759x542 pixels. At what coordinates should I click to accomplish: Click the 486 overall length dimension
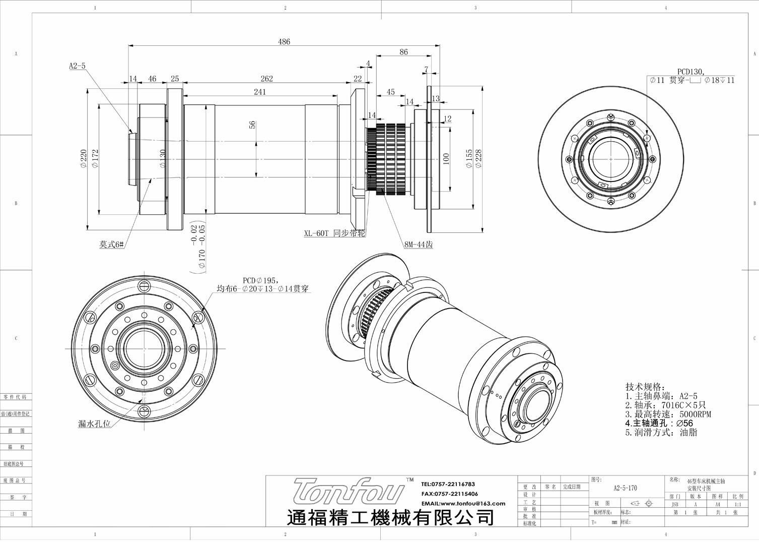pos(284,42)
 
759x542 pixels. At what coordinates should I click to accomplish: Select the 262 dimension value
pos(267,79)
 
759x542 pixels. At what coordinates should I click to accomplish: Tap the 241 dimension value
pos(260,92)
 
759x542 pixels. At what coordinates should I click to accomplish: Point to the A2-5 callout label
pos(77,66)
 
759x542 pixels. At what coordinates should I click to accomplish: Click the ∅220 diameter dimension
pos(84,159)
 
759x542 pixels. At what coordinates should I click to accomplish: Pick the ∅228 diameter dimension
pos(478,159)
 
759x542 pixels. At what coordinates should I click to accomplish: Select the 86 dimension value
pos(403,52)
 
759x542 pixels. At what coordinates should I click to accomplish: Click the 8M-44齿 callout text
pos(419,245)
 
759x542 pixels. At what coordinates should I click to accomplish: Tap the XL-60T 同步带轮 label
pos(334,234)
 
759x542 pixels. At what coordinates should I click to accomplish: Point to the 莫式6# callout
pos(111,245)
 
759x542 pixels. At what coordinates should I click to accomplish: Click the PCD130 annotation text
pos(691,72)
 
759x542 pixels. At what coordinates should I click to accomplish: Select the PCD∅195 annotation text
pos(260,280)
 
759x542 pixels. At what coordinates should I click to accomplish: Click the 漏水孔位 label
pos(94,424)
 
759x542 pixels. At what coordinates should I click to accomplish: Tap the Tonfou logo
pos(349,492)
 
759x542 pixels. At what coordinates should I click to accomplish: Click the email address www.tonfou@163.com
pos(463,503)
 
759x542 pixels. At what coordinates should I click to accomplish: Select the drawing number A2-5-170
pos(625,488)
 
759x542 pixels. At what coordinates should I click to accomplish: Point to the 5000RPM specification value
pos(695,414)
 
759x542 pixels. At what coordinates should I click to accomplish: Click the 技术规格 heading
pos(645,387)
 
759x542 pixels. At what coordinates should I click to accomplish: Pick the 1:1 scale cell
pos(738,504)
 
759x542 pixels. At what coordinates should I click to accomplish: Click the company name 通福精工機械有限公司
pos(390,517)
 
